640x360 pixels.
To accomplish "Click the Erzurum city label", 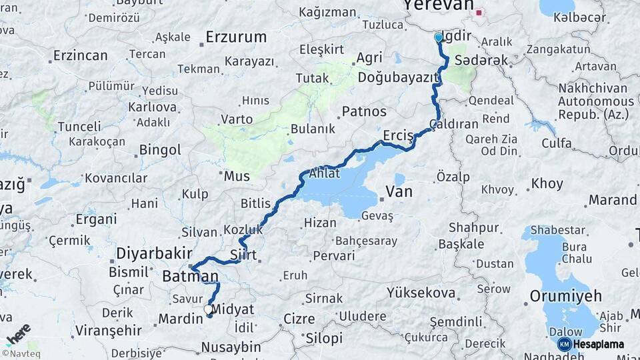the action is click(236, 37).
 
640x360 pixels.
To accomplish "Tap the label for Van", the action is click(399, 192).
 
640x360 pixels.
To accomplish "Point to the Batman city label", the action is click(190, 276).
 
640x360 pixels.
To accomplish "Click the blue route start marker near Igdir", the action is click(438, 38).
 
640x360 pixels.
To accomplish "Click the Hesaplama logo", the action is click(591, 344).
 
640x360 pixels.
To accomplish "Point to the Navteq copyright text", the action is click(19, 353).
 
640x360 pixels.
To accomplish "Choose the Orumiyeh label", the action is click(565, 295).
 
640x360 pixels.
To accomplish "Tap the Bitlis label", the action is click(257, 203).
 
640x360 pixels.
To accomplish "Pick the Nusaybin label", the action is click(231, 347).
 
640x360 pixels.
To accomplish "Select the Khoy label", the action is click(547, 183).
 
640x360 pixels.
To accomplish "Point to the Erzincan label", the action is click(80, 55).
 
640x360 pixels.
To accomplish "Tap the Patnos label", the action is click(364, 111).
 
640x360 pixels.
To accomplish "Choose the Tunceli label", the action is click(79, 127).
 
